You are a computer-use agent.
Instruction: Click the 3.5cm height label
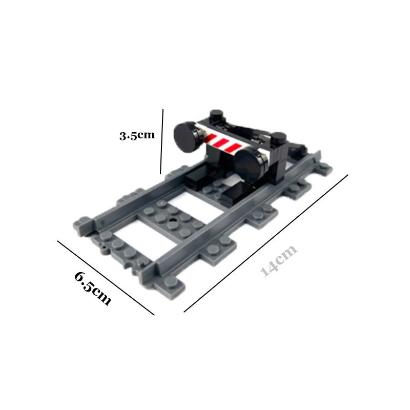[x=137, y=135]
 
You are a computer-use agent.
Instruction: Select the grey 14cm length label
[x=279, y=261]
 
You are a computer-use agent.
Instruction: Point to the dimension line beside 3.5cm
[x=161, y=141]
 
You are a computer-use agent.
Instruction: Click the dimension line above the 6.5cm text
[x=105, y=277]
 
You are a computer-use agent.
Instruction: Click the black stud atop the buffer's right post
[x=279, y=137]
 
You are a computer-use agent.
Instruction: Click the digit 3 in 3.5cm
[x=123, y=136]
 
